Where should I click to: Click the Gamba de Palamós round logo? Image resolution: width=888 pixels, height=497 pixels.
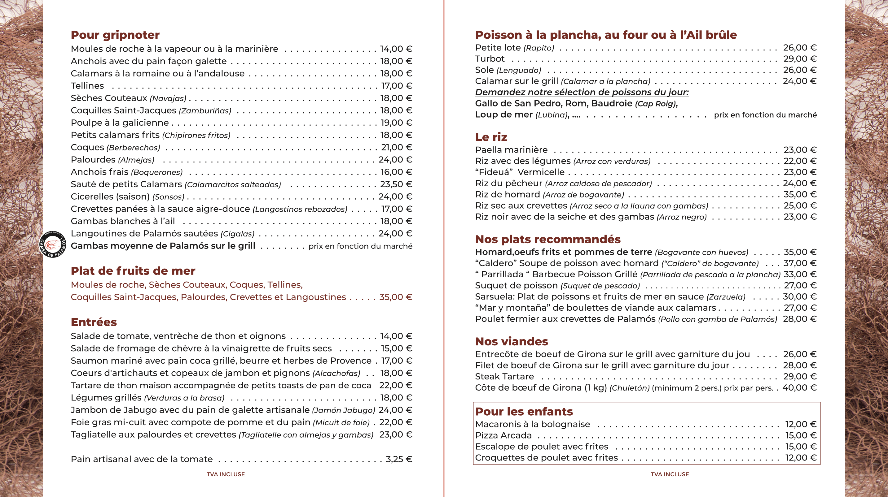[53, 244]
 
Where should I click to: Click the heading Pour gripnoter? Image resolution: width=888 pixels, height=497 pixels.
[115, 35]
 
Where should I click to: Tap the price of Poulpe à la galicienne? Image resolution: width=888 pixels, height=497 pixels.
[396, 123]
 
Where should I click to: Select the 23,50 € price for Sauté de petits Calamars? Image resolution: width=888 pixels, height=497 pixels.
[396, 184]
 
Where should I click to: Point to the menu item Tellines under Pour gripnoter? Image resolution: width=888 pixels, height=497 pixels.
[87, 86]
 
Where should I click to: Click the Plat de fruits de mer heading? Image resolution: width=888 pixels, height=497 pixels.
[133, 271]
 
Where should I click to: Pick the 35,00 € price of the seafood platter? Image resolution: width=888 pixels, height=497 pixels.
[396, 297]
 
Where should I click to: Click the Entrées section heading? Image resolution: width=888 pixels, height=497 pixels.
[94, 322]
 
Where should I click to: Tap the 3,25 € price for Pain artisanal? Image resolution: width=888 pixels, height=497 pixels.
[399, 459]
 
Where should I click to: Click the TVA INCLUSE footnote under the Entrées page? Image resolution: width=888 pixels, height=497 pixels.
[226, 474]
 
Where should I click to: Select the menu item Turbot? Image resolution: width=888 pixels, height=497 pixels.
[490, 59]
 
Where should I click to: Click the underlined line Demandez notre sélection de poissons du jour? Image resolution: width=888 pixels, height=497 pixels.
[582, 92]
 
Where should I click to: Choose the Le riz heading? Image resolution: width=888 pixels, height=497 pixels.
[491, 137]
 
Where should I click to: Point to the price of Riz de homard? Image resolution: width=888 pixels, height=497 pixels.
[800, 195]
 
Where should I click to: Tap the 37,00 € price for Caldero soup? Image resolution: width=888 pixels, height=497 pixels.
[800, 263]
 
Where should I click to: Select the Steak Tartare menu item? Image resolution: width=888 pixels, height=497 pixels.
[504, 376]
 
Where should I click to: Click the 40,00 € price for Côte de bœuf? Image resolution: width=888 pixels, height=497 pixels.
[799, 388]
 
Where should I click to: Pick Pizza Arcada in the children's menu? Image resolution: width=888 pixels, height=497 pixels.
[503, 435]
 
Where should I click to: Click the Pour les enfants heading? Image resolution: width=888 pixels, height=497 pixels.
[524, 412]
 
